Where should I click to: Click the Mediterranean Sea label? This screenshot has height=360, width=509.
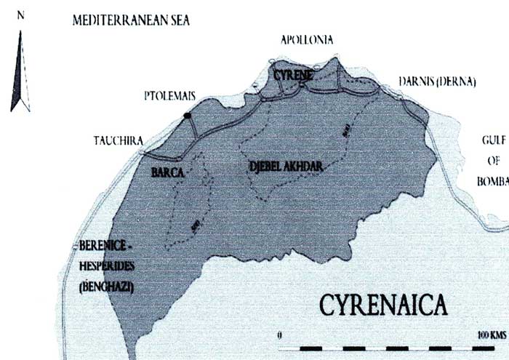click(131, 20)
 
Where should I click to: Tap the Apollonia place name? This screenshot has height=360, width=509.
click(307, 40)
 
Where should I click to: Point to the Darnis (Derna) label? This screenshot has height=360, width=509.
click(437, 81)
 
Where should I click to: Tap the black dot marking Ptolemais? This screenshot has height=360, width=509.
click(188, 116)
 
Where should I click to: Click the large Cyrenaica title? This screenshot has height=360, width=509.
click(381, 303)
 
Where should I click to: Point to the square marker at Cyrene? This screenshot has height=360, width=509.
click(300, 87)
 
